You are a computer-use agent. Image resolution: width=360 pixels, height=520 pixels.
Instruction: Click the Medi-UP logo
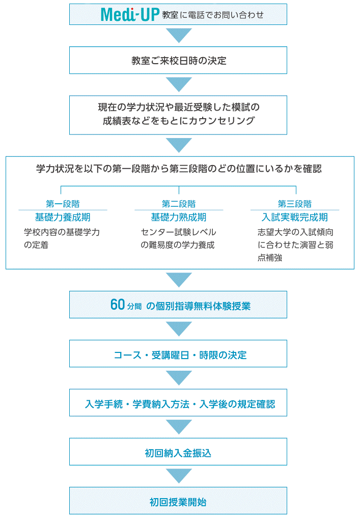130,15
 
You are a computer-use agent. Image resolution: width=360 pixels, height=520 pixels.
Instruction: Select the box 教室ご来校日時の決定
178,60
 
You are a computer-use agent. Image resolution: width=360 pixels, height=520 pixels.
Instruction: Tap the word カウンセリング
222,121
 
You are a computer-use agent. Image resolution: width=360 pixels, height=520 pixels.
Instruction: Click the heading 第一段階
63,204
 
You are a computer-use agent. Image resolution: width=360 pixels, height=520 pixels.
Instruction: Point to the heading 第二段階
179,204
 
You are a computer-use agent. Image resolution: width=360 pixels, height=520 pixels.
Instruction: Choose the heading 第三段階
295,204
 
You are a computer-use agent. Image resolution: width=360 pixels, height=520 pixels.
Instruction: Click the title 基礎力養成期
63,217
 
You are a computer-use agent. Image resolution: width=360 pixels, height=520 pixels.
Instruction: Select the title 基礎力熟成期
179,217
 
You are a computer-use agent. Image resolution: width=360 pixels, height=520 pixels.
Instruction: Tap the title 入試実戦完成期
295,217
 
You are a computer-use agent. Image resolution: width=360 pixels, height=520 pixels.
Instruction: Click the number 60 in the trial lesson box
118,305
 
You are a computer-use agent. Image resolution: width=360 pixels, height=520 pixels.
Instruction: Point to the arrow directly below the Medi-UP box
179,35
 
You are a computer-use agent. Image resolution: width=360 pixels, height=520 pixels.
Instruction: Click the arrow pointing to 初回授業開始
179,475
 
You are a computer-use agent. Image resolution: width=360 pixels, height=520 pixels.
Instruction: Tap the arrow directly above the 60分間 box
179,279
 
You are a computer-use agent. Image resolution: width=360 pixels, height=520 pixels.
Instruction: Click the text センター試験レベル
178,232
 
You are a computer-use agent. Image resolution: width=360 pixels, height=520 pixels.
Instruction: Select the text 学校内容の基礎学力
62,232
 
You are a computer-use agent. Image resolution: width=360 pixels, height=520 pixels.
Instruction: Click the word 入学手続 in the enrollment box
104,404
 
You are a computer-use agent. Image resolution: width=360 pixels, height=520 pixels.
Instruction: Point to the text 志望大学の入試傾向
295,232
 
